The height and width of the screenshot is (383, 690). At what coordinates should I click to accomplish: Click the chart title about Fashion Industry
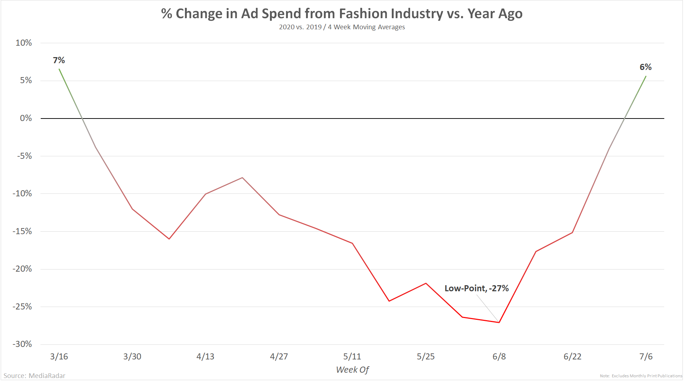point(342,14)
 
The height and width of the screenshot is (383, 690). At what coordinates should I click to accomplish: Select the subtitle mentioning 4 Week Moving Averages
point(342,27)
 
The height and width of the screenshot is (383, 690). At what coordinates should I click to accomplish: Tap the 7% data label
point(59,60)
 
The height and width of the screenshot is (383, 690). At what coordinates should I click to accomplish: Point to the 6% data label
point(645,67)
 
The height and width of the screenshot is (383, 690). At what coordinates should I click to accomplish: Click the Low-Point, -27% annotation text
point(476,288)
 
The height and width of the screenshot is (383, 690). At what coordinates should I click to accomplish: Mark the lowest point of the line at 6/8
point(499,322)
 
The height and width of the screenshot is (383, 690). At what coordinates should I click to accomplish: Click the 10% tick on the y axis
point(24,43)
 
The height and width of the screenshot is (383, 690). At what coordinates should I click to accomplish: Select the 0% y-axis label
point(26,118)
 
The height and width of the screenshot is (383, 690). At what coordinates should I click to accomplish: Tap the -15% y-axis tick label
point(22,231)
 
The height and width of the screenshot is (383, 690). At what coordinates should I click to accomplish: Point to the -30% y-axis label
point(22,344)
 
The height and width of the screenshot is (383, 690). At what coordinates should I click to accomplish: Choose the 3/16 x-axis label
point(59,357)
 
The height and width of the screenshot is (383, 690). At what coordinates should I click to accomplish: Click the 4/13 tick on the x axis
point(205,357)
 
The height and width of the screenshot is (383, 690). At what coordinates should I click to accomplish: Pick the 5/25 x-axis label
point(426,357)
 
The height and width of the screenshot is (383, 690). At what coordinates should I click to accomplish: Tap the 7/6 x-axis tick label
point(646,357)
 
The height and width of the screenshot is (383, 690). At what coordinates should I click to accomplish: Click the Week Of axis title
point(352,370)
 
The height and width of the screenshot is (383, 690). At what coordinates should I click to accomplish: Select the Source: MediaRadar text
point(35,376)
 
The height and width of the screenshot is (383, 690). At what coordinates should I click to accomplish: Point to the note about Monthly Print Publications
point(641,376)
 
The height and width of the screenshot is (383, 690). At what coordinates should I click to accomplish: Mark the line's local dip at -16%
point(169,239)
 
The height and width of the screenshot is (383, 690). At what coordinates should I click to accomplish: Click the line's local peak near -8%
point(242,177)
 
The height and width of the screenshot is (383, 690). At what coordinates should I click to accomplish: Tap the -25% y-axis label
point(22,307)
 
